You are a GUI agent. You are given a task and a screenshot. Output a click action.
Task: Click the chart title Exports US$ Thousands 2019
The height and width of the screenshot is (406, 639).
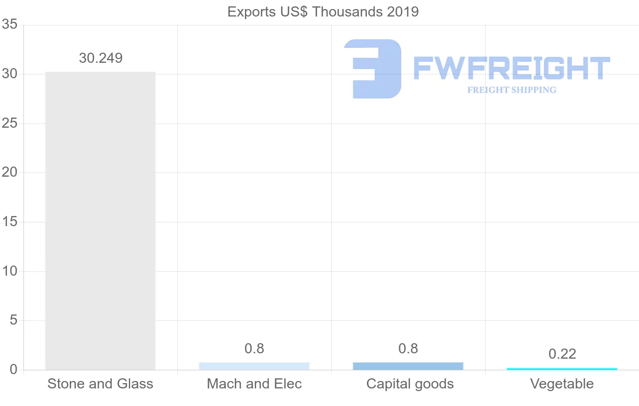click(323, 12)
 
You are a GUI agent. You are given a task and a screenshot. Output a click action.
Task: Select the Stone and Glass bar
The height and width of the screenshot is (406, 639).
click(100, 220)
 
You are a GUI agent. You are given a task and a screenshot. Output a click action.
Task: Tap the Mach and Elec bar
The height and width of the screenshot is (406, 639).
click(254, 366)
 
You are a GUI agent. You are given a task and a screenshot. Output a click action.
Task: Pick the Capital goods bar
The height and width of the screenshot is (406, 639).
click(408, 366)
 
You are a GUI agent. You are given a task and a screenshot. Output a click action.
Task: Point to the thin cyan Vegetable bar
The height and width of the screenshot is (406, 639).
click(562, 369)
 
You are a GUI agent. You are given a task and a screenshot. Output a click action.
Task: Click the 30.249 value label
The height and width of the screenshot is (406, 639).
click(101, 58)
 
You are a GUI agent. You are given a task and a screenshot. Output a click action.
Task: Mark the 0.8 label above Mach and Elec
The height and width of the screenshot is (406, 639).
click(254, 349)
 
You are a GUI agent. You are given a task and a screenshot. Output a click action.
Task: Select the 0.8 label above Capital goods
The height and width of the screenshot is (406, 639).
click(408, 349)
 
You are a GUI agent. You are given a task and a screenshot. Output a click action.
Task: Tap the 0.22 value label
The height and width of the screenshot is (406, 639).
click(562, 354)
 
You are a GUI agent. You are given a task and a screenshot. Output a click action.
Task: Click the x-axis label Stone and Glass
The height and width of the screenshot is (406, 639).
click(100, 384)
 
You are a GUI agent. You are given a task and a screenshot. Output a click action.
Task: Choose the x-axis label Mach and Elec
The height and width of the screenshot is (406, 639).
click(254, 384)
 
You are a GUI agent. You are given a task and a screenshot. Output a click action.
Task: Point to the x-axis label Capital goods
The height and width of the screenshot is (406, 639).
click(409, 384)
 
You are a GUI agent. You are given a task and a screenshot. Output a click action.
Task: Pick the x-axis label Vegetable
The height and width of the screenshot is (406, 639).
click(562, 384)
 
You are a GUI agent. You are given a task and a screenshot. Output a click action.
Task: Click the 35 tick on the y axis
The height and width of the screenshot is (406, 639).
click(10, 25)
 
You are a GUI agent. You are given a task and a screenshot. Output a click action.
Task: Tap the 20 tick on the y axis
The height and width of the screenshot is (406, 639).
click(10, 173)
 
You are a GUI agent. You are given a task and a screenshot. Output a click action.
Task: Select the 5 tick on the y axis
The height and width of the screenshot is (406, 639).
click(13, 321)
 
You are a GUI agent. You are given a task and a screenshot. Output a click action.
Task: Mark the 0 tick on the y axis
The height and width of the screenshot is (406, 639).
click(13, 370)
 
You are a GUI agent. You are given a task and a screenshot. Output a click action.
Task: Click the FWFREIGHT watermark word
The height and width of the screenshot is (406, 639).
click(511, 68)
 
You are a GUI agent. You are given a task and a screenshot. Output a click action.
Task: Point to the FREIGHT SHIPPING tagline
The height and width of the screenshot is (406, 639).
click(512, 90)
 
